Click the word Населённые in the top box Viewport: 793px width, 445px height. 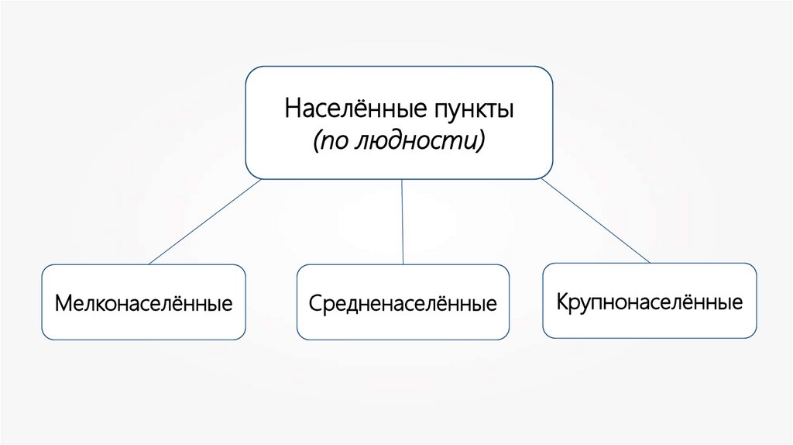[351, 109]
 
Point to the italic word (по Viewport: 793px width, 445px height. [328, 141]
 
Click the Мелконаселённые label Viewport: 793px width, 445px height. [143, 302]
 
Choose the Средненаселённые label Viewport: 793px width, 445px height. [403, 302]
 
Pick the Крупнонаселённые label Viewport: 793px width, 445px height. [649, 301]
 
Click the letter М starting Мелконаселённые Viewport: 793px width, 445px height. [63, 302]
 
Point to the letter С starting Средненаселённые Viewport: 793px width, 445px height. [315, 302]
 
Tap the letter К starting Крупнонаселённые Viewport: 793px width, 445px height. [562, 301]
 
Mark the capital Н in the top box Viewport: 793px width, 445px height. [292, 109]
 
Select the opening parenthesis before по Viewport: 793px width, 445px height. [316, 141]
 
